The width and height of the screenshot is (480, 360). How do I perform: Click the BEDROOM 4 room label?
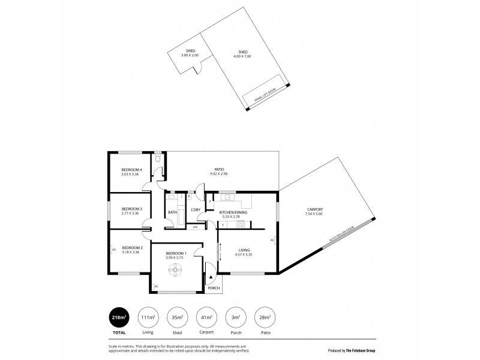point(131,170)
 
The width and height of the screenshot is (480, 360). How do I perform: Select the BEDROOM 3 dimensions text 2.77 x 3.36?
point(130,213)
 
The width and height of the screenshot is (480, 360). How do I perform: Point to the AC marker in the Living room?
point(272,240)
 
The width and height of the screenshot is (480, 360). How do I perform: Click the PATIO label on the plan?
point(220,170)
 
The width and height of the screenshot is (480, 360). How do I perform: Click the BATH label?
point(172,212)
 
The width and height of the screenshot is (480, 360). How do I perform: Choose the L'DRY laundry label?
point(195,209)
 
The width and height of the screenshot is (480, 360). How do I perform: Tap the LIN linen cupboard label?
point(195,227)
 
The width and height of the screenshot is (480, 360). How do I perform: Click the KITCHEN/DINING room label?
point(233,212)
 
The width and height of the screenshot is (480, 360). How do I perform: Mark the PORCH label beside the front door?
point(213,288)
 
